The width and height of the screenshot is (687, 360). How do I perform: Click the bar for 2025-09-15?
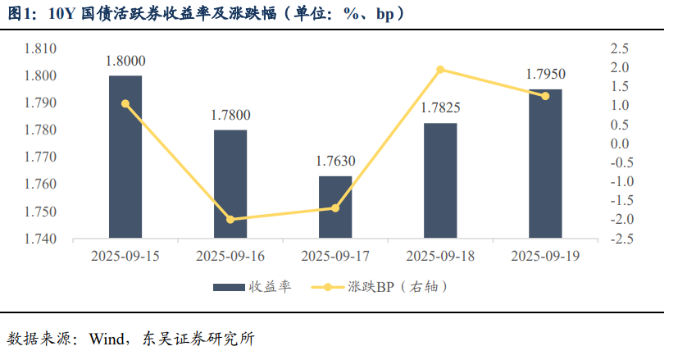click(x=125, y=157)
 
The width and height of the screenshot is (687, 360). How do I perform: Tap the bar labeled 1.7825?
click(x=440, y=181)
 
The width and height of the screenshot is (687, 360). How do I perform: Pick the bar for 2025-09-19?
click(x=545, y=164)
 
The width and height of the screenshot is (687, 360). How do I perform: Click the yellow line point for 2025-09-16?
click(x=230, y=220)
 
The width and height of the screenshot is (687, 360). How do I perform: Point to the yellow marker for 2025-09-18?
click(x=440, y=70)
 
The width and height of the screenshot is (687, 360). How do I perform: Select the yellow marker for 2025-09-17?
click(x=335, y=208)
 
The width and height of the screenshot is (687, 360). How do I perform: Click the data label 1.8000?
click(x=125, y=61)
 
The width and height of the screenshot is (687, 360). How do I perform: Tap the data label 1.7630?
click(x=335, y=161)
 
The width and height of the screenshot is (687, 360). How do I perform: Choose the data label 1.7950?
click(x=545, y=75)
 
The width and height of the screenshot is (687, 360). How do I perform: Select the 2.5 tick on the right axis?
click(x=619, y=48)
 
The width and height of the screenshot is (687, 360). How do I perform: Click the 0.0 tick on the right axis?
click(x=619, y=144)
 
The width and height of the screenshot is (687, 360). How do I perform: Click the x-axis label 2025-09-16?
click(x=230, y=257)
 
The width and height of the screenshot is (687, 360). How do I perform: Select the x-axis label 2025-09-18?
click(x=440, y=257)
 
